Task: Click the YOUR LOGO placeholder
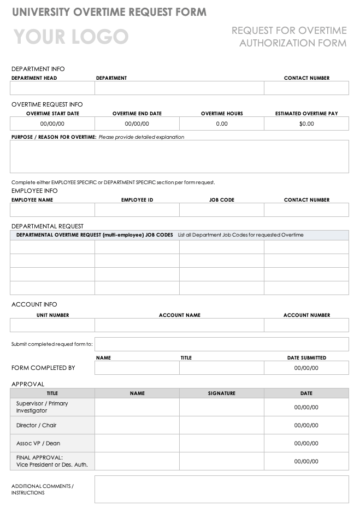click(71, 37)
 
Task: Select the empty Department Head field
click(52, 88)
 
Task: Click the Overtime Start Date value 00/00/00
click(52, 123)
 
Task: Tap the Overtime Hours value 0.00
click(222, 123)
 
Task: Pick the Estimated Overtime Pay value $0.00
click(306, 123)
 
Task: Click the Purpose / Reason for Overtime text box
click(179, 157)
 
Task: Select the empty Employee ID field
click(137, 210)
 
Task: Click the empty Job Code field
click(222, 210)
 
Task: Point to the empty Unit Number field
click(52, 325)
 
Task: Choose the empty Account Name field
click(179, 325)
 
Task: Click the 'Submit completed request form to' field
click(221, 344)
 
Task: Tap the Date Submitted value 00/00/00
click(306, 368)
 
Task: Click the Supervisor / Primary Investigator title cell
click(52, 407)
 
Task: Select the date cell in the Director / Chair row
click(306, 425)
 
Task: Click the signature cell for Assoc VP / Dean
click(222, 443)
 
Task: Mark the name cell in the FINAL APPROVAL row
click(137, 461)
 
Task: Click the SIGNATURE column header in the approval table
click(222, 393)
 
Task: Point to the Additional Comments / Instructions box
click(221, 489)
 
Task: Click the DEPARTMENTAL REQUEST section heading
click(48, 226)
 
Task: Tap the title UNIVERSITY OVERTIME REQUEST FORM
click(109, 12)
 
